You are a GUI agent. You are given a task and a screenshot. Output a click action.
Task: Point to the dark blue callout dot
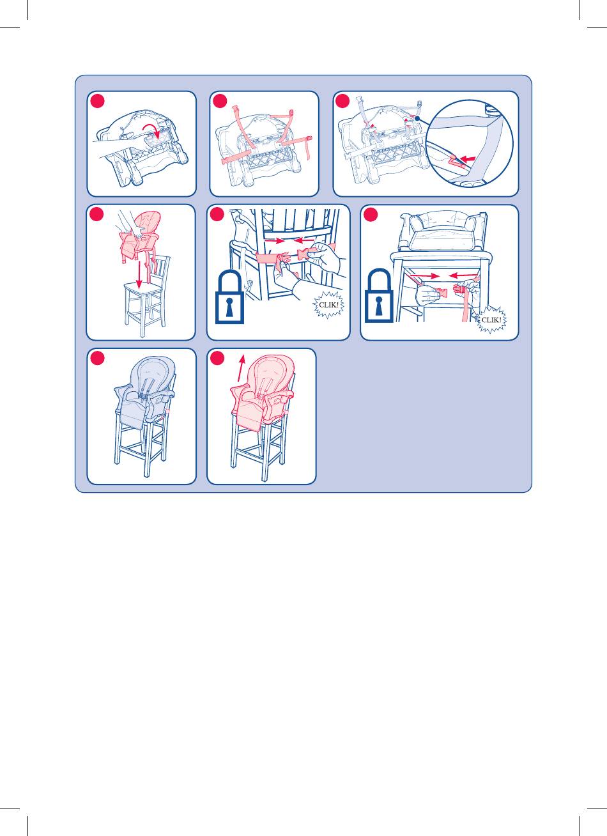tap(417, 118)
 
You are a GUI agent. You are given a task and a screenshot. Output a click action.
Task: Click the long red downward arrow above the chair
tap(139, 275)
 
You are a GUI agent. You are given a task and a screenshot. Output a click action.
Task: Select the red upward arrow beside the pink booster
tap(242, 367)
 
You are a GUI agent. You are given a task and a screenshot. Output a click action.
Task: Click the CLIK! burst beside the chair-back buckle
tap(328, 305)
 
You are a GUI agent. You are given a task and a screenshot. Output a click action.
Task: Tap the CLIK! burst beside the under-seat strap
tap(491, 320)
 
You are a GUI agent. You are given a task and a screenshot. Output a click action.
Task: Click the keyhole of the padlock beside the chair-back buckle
tap(230, 306)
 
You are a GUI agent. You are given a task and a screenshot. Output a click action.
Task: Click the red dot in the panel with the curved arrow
tap(97, 101)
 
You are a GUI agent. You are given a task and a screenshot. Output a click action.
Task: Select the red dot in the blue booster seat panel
tap(97, 358)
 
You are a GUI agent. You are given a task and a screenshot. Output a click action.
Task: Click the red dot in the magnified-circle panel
tap(342, 101)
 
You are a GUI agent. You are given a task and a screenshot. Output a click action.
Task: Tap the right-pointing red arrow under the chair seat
tap(424, 275)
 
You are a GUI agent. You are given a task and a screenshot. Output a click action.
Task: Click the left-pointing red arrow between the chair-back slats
tap(304, 241)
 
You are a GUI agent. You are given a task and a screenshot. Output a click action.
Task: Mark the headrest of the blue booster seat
tap(155, 368)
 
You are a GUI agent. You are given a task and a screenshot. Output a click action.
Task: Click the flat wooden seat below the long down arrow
tap(142, 288)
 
